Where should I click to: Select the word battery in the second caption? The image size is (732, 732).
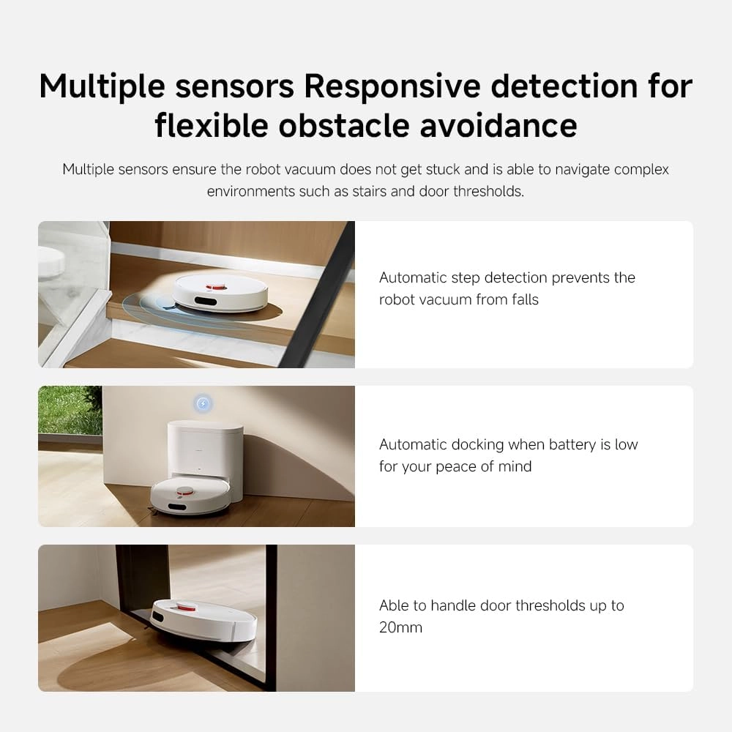pyautogui.click(x=561, y=444)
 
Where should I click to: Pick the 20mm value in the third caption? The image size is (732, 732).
pyautogui.click(x=400, y=627)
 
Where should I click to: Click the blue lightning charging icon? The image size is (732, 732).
pyautogui.click(x=203, y=403)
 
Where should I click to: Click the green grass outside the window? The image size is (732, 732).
pyautogui.click(x=69, y=410)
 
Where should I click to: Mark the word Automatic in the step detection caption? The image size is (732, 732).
pyautogui.click(x=413, y=277)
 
